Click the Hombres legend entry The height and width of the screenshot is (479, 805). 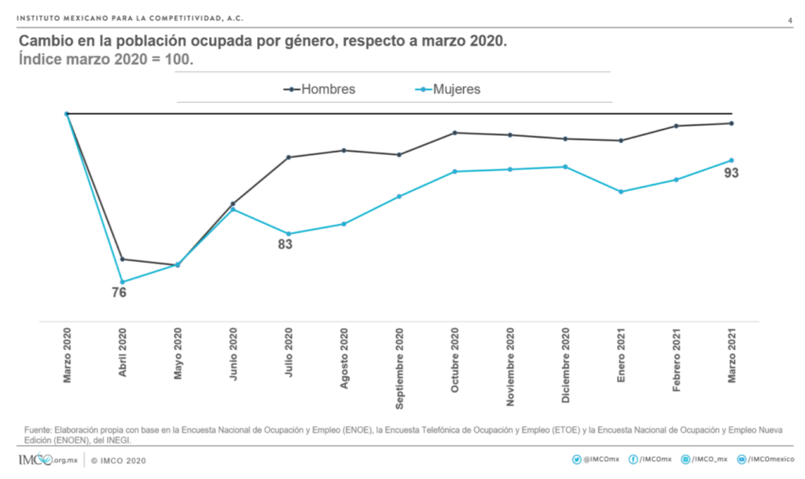click(x=320, y=90)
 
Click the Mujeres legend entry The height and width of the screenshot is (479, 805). click(x=446, y=90)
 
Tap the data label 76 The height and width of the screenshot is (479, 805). click(x=119, y=293)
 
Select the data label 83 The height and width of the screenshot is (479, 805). click(x=285, y=245)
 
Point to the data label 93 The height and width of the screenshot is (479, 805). click(x=731, y=173)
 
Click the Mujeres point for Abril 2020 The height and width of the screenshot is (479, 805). click(x=122, y=282)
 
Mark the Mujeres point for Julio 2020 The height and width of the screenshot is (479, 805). click(x=289, y=234)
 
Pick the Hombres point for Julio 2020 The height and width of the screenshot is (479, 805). click(x=289, y=157)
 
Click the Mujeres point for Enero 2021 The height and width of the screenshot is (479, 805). click(x=621, y=192)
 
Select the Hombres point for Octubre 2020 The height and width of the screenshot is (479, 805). click(x=454, y=133)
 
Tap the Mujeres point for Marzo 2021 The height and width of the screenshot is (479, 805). click(x=732, y=160)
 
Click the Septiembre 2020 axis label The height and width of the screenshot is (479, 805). click(x=399, y=369)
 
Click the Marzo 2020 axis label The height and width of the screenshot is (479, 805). click(x=67, y=356)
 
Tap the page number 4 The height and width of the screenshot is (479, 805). click(x=788, y=20)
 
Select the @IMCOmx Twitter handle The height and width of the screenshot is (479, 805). click(x=601, y=459)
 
